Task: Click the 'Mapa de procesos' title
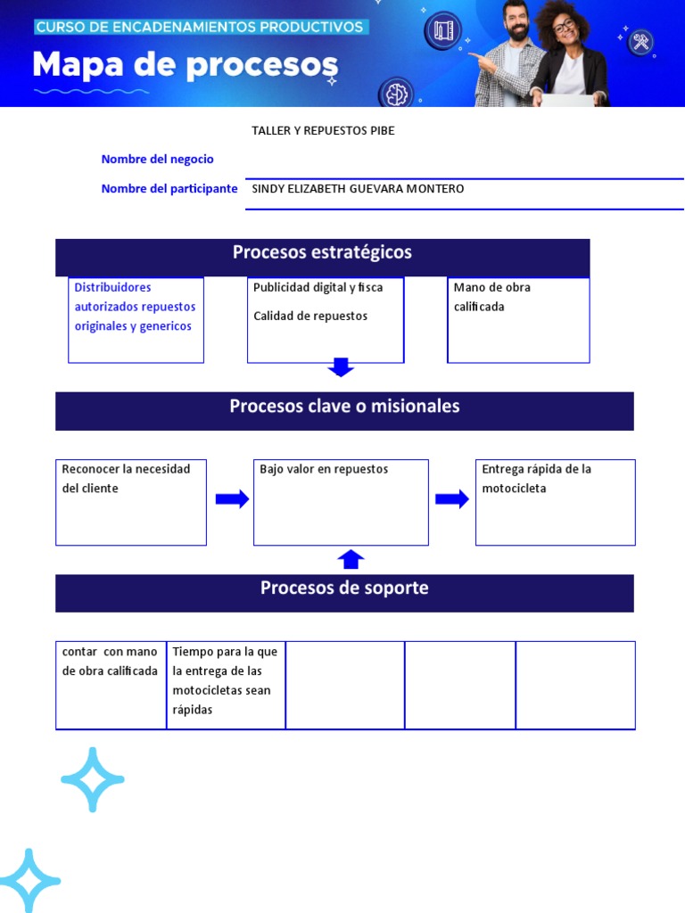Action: coord(186,66)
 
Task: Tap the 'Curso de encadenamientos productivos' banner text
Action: coord(200,27)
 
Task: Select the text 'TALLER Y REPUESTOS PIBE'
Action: coord(323,131)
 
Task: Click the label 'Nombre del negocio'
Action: coord(158,160)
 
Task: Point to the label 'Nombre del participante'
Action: coord(169,189)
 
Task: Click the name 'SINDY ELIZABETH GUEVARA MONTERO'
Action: coord(358,189)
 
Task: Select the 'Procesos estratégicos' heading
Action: coord(322,253)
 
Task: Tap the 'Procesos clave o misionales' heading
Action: coord(344,407)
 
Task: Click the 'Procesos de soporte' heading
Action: coord(344,588)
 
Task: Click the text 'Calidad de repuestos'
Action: coord(310,317)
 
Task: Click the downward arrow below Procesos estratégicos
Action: coord(341,367)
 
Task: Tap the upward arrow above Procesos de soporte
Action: coord(351,560)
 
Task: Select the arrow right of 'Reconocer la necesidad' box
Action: coord(232,499)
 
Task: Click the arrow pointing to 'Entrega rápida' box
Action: coord(452,499)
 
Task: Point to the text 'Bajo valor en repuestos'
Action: coord(324,470)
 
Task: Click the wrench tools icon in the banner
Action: coord(640,42)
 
